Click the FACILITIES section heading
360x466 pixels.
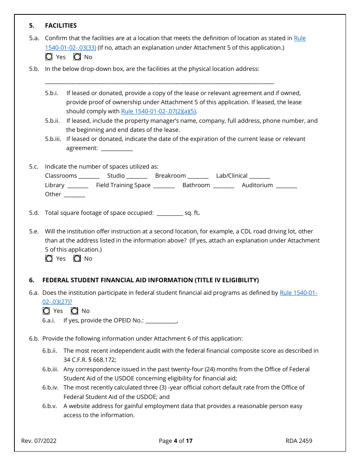(61, 25)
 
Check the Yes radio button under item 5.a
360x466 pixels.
(49, 57)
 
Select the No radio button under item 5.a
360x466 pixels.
(77, 57)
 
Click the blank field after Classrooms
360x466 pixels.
(89, 176)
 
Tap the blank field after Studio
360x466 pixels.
(137, 176)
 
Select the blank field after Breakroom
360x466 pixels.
(198, 176)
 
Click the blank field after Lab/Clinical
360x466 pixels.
(260, 176)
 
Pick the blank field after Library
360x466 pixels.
(78, 186)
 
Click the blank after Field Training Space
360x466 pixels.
(164, 186)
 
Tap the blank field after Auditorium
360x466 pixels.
(286, 186)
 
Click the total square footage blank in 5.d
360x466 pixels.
(169, 213)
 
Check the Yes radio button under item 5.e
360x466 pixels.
(49, 258)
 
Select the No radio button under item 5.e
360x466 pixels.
(77, 258)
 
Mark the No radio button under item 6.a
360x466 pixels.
(75, 311)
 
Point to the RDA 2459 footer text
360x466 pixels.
(299, 441)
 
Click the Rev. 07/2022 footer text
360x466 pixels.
(39, 441)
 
